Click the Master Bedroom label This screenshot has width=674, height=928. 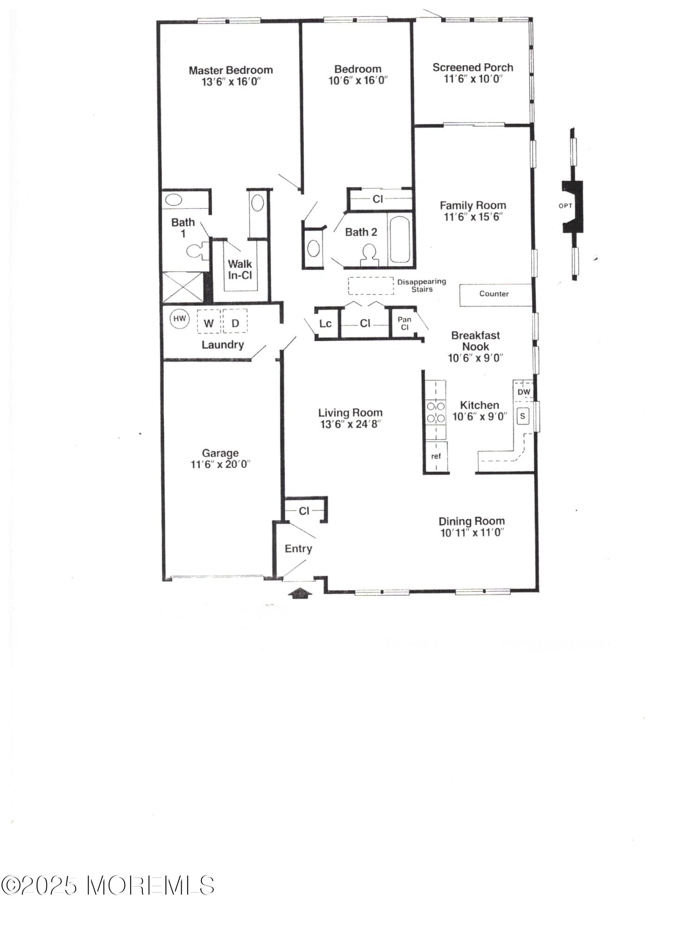[x=230, y=70]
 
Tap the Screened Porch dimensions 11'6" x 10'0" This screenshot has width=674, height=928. [x=473, y=79]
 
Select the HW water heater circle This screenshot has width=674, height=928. [x=179, y=319]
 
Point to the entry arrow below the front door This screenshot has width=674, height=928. [x=300, y=593]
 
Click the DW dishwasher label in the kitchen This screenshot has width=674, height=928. [x=523, y=392]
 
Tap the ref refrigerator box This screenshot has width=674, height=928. [x=436, y=457]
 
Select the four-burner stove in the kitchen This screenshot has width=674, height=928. [x=435, y=412]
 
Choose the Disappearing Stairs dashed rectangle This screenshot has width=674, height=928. [x=371, y=286]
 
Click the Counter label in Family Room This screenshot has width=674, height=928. [x=494, y=294]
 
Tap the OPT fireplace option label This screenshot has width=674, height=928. [x=565, y=206]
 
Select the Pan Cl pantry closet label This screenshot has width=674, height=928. [x=404, y=323]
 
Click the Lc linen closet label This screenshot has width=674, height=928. [x=325, y=323]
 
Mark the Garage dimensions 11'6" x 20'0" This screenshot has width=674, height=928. [x=220, y=464]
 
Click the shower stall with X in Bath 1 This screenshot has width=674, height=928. [x=183, y=287]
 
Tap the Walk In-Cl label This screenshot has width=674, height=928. [x=240, y=270]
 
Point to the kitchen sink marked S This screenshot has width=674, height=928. [x=523, y=416]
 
